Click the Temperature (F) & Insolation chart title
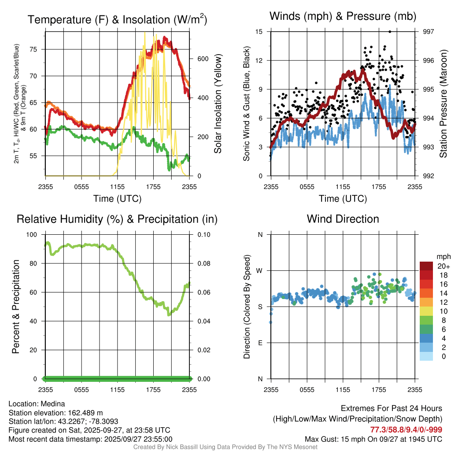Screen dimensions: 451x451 click(117, 19)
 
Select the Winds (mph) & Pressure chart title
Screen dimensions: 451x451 click(343, 16)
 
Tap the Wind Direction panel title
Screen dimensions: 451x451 click(343, 218)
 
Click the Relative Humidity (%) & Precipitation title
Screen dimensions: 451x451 click(117, 219)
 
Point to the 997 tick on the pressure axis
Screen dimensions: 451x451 click(428, 32)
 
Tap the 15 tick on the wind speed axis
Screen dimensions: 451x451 click(259, 32)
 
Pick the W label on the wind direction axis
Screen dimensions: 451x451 click(260, 270)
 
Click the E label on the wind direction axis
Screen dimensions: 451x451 click(260, 343)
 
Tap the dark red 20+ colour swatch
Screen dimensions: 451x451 click(426, 266)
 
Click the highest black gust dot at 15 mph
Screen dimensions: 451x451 click(390, 32)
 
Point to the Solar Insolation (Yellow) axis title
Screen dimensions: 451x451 click(218, 104)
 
